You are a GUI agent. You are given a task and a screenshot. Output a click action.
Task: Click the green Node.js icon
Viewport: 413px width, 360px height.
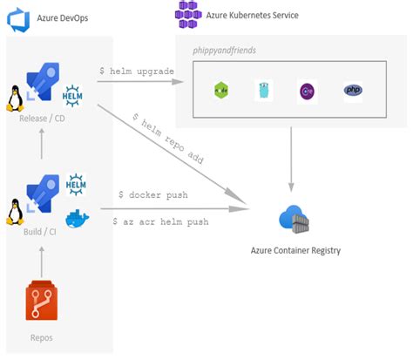[221, 90]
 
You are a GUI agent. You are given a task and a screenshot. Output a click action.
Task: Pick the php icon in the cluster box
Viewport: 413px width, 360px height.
[353, 90]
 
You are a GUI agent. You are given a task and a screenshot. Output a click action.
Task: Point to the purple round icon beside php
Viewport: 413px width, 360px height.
[308, 90]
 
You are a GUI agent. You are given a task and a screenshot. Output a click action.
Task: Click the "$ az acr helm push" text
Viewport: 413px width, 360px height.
[160, 221]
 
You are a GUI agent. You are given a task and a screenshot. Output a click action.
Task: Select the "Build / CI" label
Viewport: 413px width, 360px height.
[42, 234]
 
